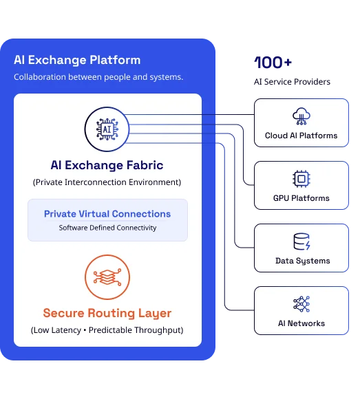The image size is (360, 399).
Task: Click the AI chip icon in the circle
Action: point(107,129)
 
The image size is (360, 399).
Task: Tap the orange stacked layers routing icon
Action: point(107,277)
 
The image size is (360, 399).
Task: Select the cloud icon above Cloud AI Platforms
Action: point(301,116)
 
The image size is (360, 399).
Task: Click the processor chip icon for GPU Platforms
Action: point(301,179)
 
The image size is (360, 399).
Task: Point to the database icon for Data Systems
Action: point(301,241)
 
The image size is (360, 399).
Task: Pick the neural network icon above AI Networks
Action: point(301,304)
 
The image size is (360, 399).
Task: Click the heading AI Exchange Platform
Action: point(77,60)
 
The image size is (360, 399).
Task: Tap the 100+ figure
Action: point(273,63)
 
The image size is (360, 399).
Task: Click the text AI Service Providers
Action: point(292,82)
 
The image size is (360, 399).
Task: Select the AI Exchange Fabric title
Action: point(107,165)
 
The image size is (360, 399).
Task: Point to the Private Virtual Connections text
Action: point(107,214)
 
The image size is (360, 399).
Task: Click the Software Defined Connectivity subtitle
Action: point(107,228)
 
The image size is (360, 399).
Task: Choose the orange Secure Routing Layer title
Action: point(107,313)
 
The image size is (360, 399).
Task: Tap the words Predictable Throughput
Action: point(136,330)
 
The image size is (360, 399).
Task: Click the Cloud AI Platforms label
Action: point(301,136)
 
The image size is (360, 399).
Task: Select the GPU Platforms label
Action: point(301,198)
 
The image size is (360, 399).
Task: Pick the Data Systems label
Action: point(303,261)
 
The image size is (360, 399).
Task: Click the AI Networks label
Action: point(301,323)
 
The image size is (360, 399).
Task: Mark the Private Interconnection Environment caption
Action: point(107,182)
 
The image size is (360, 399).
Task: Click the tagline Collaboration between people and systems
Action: point(98,77)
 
